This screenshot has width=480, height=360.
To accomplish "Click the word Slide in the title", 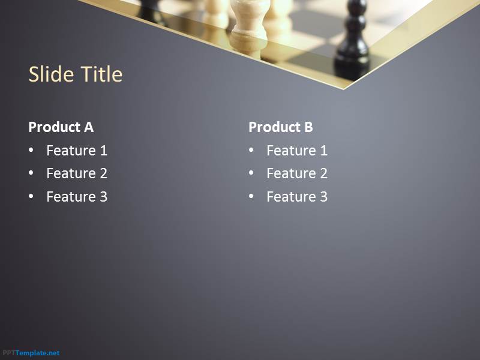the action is [51, 74].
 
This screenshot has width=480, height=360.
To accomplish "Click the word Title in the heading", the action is [101, 74].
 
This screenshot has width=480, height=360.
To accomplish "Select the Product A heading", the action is [61, 127].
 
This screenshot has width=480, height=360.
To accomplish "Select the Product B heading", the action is [281, 127].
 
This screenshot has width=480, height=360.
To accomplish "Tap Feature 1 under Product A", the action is [77, 151].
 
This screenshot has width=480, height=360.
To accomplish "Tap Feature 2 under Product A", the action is [77, 173].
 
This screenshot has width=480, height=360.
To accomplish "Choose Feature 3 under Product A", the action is [77, 197].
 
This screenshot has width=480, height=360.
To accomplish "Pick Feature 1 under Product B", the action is [297, 151].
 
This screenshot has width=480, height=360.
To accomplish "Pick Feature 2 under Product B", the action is [297, 173].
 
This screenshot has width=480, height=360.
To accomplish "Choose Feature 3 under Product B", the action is [297, 197].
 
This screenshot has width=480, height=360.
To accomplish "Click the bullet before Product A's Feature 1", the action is [31, 150].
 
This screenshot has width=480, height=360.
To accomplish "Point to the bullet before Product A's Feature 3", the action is [31, 196].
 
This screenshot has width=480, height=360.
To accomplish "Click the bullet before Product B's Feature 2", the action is [251, 173].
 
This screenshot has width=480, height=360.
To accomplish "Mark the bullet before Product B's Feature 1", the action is [251, 150].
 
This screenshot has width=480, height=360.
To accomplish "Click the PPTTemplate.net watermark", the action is [31, 353].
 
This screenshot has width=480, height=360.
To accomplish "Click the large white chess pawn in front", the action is [250, 28].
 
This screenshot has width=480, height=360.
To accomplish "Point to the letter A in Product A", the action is [89, 127].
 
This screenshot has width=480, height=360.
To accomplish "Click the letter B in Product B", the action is [308, 127].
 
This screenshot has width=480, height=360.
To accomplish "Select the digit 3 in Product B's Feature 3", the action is [324, 197].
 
